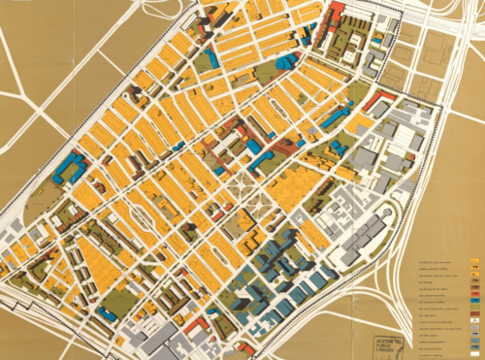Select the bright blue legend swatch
[x=474, y=300]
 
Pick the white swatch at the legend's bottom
[x=474, y=354]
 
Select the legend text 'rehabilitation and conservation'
[x=432, y=261]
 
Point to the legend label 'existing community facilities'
[x=432, y=268]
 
